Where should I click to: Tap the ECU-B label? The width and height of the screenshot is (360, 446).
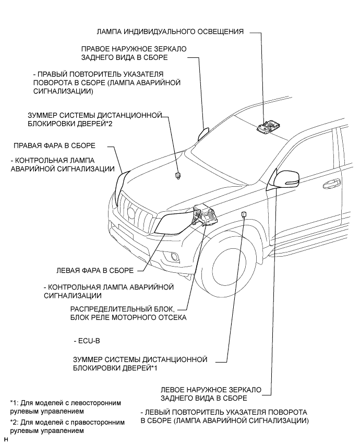pos(87,341)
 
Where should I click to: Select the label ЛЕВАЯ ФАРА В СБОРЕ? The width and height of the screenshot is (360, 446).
pos(94,271)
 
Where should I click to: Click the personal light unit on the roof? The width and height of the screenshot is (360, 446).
pos(270,127)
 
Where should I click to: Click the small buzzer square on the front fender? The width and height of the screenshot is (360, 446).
pos(244,214)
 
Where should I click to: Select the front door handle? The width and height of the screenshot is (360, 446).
pos(330,184)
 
